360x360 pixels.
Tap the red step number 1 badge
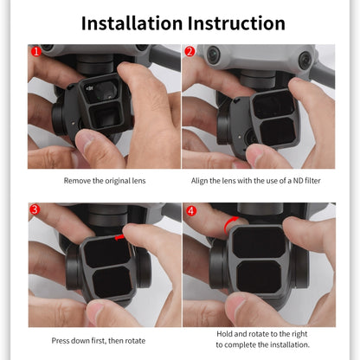tap(36, 51)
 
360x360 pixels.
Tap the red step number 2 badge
tap(190, 51)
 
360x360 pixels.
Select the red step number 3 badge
tap(36, 210)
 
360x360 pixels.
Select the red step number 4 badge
tap(190, 210)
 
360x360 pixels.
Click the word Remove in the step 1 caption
tap(79, 181)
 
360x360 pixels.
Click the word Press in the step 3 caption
tap(63, 340)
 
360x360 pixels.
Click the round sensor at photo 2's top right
tap(305, 61)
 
